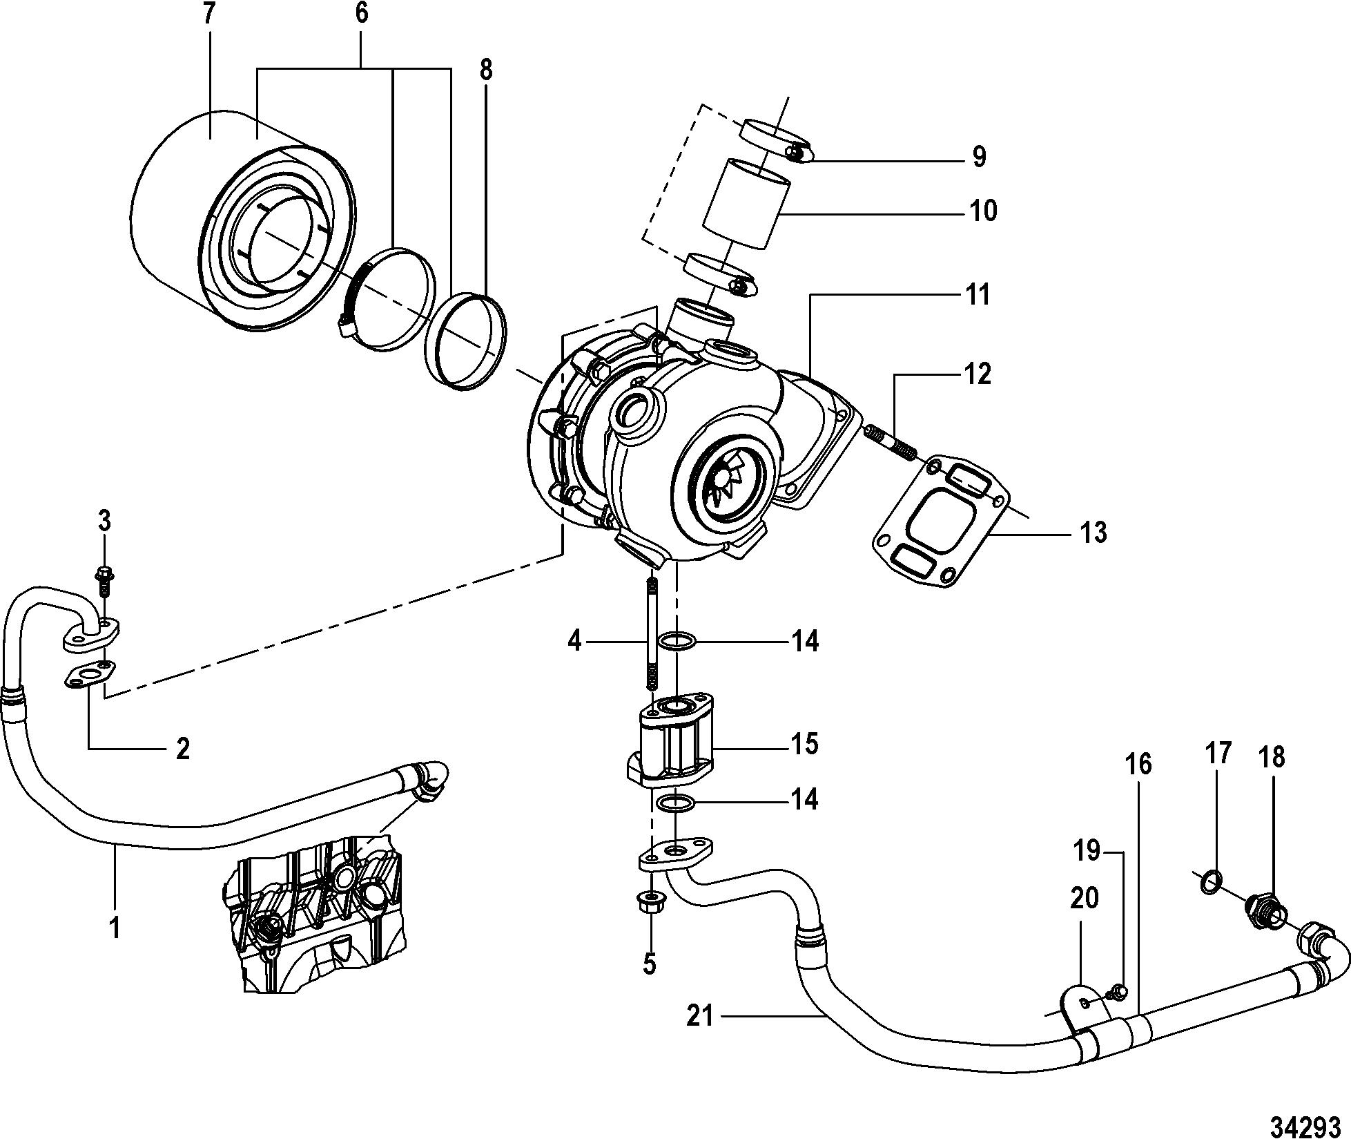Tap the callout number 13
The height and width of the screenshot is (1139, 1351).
tap(1093, 532)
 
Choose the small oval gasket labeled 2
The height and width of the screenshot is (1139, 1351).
tap(91, 675)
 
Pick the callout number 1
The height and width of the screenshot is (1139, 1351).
tap(115, 928)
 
